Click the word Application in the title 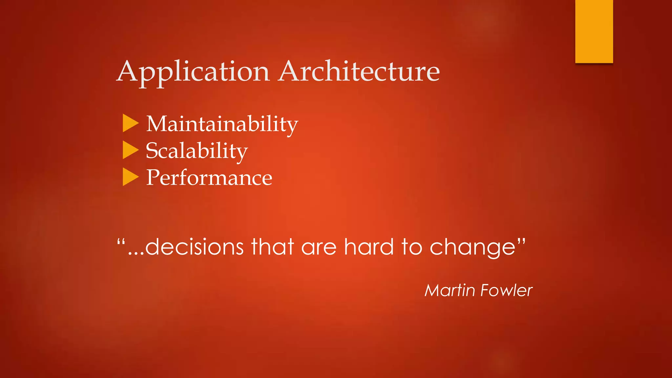pyautogui.click(x=193, y=72)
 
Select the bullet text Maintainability pyautogui.click(x=222, y=124)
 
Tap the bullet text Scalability pyautogui.click(x=197, y=151)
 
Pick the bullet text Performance pyautogui.click(x=209, y=178)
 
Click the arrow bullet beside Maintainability pyautogui.click(x=130, y=123)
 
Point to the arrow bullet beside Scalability pyautogui.click(x=130, y=150)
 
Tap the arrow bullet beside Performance pyautogui.click(x=130, y=177)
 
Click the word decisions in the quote pyautogui.click(x=194, y=247)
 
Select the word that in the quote pyautogui.click(x=272, y=247)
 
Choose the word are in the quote pyautogui.click(x=319, y=247)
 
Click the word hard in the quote pyautogui.click(x=368, y=247)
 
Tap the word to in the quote pyautogui.click(x=412, y=247)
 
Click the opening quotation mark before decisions pyautogui.click(x=121, y=243)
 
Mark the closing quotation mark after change pyautogui.click(x=521, y=242)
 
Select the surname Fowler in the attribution pyautogui.click(x=506, y=290)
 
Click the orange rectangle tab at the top pyautogui.click(x=594, y=31)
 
